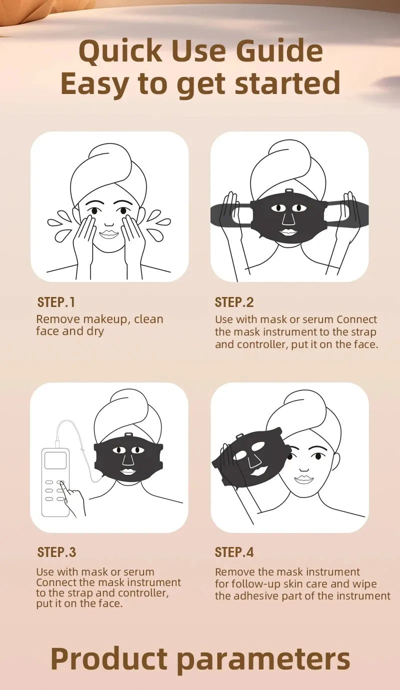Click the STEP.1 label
click(56, 302)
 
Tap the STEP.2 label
click(234, 302)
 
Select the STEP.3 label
click(56, 552)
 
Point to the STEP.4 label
click(234, 552)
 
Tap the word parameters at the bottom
click(264, 658)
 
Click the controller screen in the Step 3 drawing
click(55, 460)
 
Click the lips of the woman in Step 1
click(108, 234)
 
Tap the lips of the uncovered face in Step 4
click(303, 479)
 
